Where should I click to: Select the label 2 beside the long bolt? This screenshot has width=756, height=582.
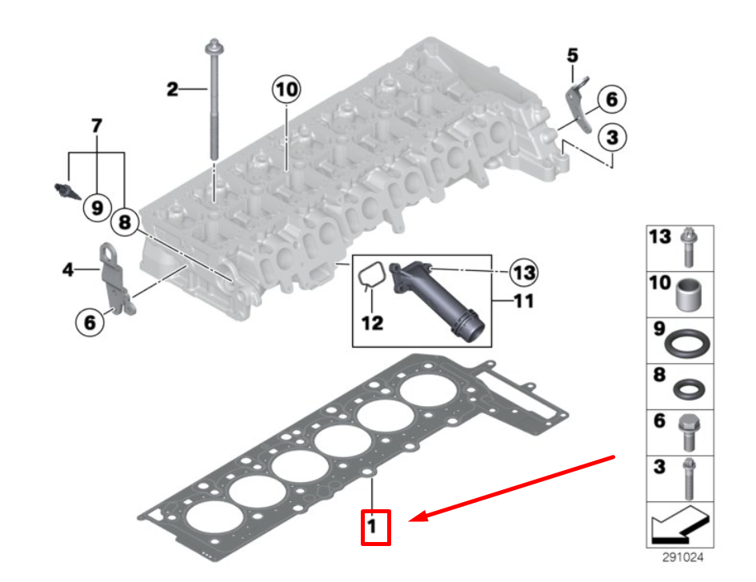(173, 90)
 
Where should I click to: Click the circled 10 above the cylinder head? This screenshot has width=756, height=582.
(286, 90)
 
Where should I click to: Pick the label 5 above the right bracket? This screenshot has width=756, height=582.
(572, 55)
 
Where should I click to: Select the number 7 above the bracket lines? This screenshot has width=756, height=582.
(97, 126)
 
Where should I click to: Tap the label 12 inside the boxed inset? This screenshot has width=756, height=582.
(372, 323)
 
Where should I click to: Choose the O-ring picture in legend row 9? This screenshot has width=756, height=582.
(687, 342)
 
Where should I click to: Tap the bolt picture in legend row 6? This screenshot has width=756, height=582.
(687, 433)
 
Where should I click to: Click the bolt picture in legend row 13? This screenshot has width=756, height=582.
(688, 248)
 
